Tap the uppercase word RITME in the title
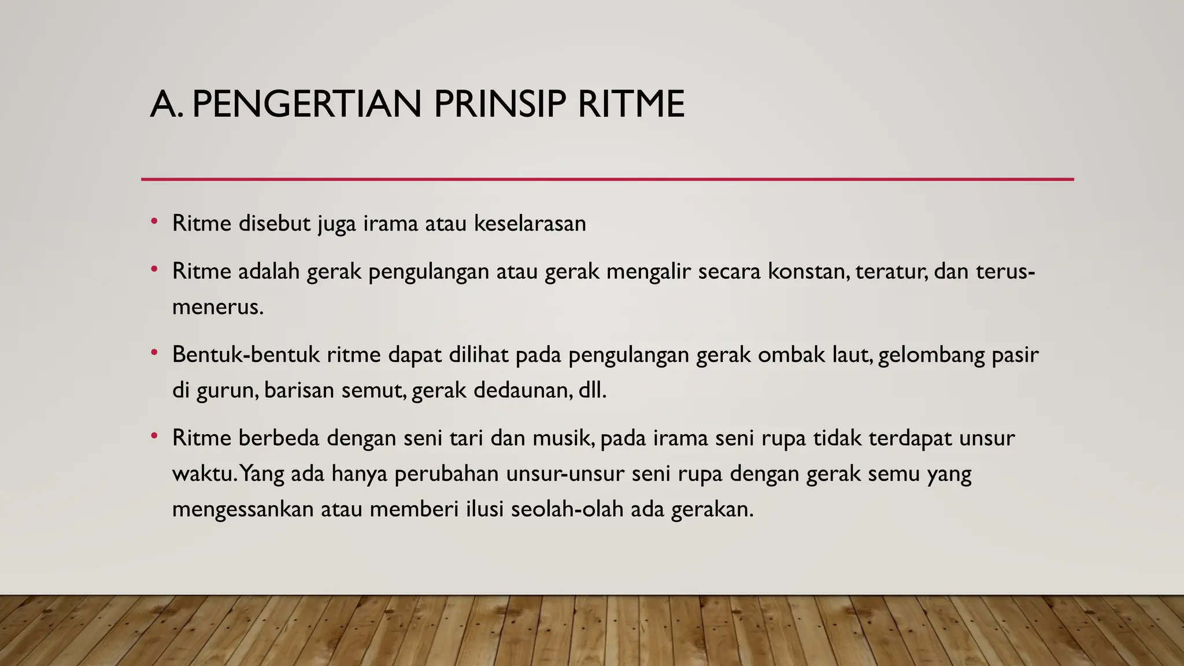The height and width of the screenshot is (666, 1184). point(631,105)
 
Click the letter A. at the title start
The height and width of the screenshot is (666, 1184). point(166,105)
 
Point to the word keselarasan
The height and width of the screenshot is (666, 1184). point(530,223)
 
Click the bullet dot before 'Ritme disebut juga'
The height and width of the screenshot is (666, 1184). point(154,221)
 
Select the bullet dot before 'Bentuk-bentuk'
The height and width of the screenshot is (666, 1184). point(154,352)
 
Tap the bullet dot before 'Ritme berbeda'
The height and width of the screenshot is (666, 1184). point(154,436)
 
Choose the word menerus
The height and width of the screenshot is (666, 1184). point(217,307)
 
